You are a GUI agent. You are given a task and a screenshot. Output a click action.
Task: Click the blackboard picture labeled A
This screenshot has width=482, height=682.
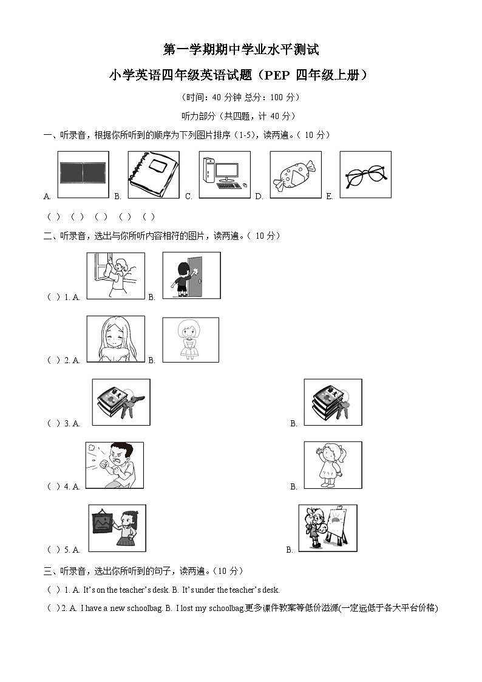click(x=83, y=174)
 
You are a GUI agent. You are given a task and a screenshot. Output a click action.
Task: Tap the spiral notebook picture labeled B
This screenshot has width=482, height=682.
click(x=154, y=174)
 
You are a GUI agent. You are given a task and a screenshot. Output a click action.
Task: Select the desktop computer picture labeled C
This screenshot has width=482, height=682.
click(x=225, y=174)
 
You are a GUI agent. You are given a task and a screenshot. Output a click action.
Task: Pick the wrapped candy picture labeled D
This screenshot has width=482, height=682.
click(x=295, y=174)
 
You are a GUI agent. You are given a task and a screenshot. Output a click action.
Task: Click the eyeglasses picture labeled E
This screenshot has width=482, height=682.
click(x=365, y=174)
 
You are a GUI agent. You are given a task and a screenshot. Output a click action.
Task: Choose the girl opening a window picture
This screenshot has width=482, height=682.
click(x=115, y=276)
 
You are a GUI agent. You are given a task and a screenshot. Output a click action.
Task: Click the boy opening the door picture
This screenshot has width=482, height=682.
click(x=191, y=275)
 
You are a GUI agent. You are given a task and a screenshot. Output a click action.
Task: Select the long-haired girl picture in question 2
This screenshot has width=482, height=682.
click(x=115, y=339)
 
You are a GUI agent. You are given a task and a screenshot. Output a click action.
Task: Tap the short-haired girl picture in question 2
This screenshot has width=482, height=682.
click(x=190, y=340)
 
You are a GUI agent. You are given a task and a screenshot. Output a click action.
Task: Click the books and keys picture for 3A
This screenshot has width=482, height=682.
click(x=121, y=402)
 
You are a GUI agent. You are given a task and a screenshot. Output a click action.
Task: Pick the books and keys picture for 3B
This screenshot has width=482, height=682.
click(x=333, y=402)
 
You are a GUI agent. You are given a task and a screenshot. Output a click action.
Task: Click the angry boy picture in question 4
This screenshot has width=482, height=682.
click(x=114, y=465)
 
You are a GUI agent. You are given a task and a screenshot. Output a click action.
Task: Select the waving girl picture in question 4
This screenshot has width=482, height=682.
click(x=333, y=465)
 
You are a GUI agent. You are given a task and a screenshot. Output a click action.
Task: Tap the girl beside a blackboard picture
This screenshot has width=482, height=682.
click(x=117, y=528)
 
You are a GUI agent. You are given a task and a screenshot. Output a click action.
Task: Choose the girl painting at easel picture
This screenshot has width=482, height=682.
click(x=328, y=528)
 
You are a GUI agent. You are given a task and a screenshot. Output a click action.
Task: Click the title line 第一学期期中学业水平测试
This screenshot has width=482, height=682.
click(x=241, y=50)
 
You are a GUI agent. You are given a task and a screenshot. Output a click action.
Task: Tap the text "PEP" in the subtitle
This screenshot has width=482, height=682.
click(x=277, y=76)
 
